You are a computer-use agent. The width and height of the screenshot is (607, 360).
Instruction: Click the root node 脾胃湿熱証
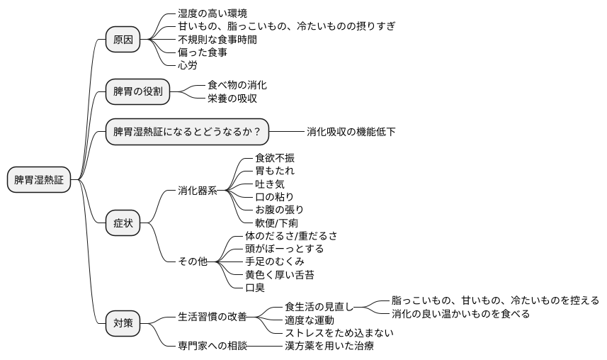(x=39, y=180)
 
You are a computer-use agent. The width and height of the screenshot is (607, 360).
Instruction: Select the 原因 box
(x=123, y=40)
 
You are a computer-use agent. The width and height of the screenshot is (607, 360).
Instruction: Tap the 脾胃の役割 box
(x=137, y=91)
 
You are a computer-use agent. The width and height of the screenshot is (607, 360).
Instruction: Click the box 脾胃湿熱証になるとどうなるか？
(x=187, y=132)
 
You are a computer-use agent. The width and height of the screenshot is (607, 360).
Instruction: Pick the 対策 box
(x=123, y=324)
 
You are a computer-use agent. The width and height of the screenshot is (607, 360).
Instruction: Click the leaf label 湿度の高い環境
(x=212, y=13)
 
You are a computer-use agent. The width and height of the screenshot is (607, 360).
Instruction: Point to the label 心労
(x=188, y=65)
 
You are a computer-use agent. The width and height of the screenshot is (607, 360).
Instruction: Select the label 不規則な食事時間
(x=217, y=40)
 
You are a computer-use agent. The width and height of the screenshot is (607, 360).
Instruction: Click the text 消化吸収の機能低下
(x=351, y=132)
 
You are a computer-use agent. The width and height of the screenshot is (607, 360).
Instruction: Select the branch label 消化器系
(x=198, y=191)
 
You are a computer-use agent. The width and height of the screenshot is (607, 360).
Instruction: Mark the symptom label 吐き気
(x=270, y=184)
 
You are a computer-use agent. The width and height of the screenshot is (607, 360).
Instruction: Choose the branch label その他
(x=193, y=261)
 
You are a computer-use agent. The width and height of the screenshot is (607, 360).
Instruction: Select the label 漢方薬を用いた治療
(x=329, y=346)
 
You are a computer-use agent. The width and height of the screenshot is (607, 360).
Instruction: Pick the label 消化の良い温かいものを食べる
(x=460, y=313)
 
